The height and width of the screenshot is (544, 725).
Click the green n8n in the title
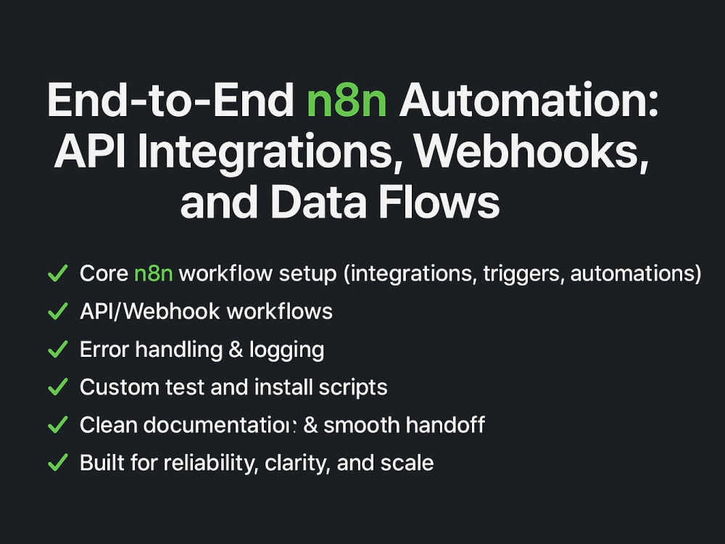347,101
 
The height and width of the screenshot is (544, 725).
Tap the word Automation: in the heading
529,99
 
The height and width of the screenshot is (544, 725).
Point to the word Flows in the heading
439,202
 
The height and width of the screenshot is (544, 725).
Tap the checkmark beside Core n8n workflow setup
58,273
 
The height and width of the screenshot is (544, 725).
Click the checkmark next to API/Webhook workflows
58,311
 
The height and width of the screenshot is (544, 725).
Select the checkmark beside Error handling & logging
58,349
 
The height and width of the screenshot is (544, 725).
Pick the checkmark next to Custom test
58,387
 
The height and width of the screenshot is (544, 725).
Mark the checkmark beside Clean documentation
58,424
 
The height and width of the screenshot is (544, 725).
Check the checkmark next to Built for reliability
58,463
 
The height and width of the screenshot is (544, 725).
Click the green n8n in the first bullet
154,273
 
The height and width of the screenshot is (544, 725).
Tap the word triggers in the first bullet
524,274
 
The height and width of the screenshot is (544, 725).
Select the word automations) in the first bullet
636,273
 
